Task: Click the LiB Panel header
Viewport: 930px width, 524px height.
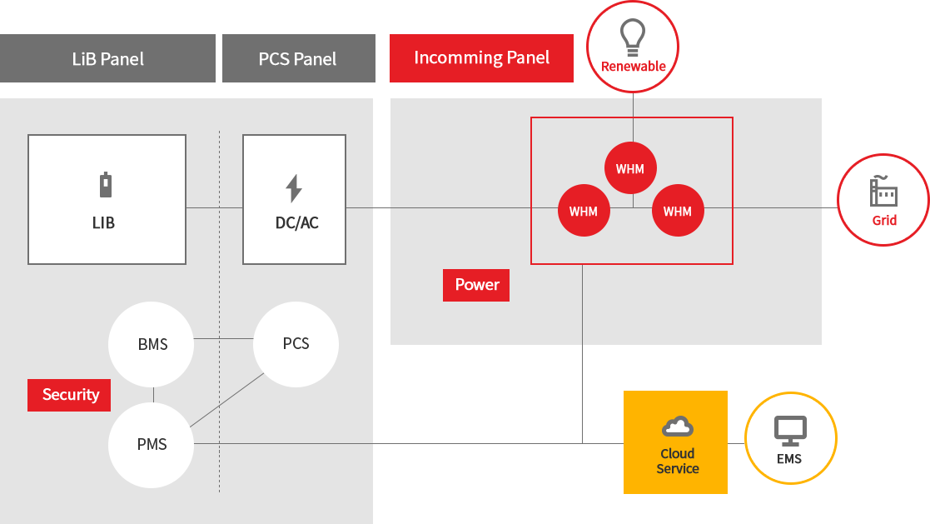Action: click(108, 58)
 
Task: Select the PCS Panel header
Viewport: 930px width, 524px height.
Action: click(298, 58)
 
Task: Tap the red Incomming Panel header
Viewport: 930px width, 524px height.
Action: click(481, 57)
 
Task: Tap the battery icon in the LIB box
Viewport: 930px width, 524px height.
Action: click(106, 185)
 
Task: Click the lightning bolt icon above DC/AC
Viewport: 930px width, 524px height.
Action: click(294, 189)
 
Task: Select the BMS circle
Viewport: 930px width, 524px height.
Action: click(152, 344)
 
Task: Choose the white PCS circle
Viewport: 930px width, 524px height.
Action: click(296, 343)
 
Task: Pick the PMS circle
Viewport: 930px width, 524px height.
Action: click(152, 444)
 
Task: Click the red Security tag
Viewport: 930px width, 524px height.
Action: click(70, 395)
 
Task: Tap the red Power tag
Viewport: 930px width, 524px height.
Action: click(476, 285)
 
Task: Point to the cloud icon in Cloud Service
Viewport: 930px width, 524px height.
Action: click(678, 427)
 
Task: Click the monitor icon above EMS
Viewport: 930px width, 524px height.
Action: click(789, 430)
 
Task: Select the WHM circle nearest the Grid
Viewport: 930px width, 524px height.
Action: click(677, 211)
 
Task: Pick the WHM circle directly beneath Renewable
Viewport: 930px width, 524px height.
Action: click(630, 168)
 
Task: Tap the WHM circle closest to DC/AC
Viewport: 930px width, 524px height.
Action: click(584, 211)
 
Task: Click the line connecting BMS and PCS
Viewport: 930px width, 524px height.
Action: click(223, 339)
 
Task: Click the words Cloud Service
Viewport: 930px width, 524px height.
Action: click(677, 461)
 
